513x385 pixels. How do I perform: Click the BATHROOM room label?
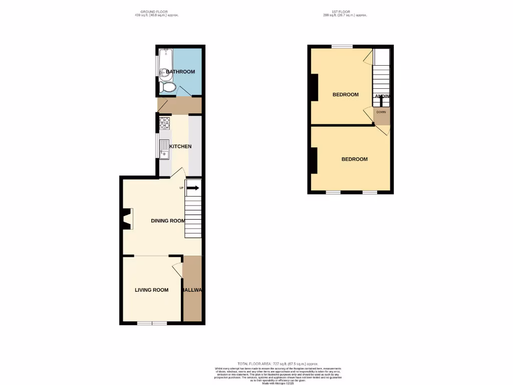[180, 72]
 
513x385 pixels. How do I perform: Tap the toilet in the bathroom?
[168, 88]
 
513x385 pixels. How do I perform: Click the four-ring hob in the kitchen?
[165, 122]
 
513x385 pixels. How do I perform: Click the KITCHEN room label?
[180, 146]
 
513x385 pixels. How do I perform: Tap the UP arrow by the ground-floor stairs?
[192, 188]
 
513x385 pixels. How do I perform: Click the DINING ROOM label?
[168, 221]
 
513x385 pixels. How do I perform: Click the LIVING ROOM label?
[151, 290]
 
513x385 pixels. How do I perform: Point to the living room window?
[152, 323]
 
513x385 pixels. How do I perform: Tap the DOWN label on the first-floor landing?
[381, 112]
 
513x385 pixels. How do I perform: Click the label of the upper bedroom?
[346, 95]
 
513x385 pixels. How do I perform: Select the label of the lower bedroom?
[354, 159]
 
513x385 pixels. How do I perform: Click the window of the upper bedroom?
[342, 46]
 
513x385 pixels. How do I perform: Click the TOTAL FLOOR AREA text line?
[278, 363]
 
